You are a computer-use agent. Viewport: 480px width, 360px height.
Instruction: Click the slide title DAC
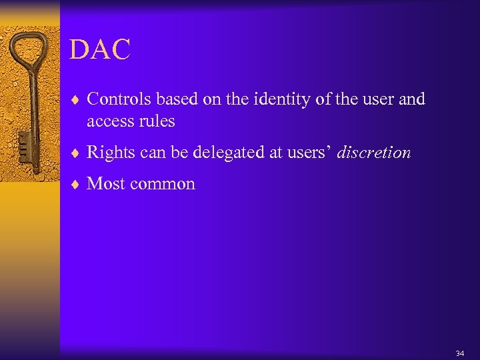click(x=100, y=51)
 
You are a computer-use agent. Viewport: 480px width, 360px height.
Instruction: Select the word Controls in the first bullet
click(x=116, y=99)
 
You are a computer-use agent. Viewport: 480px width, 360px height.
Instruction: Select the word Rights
click(x=110, y=153)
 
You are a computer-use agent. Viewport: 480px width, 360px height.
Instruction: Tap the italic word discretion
click(x=374, y=153)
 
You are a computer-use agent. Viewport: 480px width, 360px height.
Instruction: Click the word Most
click(x=105, y=184)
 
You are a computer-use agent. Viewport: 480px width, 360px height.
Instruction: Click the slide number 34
click(x=459, y=353)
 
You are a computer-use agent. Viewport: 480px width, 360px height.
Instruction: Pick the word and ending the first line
click(x=412, y=99)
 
